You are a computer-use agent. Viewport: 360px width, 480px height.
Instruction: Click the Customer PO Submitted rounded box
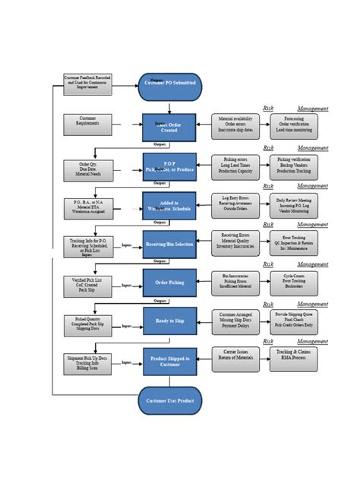tap(169, 87)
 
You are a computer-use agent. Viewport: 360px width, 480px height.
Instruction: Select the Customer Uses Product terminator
tap(169, 400)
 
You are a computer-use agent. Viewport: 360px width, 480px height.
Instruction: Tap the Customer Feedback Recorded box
tap(87, 84)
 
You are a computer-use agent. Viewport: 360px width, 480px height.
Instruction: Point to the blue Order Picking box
tap(169, 283)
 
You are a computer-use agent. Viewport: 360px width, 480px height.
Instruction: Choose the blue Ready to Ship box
tap(169, 321)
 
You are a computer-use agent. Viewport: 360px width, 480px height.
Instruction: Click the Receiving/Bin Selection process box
tap(169, 245)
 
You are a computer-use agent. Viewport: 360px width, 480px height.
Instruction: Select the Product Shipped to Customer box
tap(169, 361)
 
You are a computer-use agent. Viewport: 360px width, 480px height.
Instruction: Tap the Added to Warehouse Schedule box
tap(169, 206)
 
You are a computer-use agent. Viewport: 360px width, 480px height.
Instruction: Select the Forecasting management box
tap(294, 126)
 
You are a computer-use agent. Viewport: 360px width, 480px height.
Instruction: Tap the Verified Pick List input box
tap(87, 286)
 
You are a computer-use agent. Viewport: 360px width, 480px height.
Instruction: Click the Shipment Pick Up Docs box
tap(87, 363)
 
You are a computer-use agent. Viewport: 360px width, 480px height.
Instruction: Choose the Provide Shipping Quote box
tap(294, 319)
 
